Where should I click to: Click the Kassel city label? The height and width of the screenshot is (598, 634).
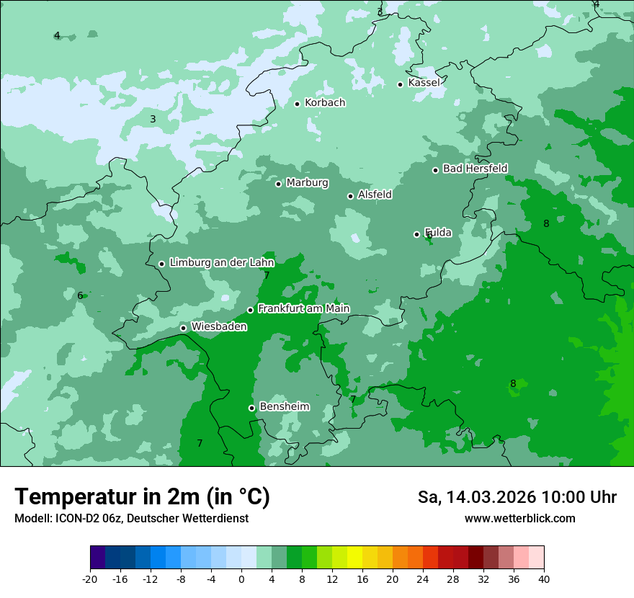424,83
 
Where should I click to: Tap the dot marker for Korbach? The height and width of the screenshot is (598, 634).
297,104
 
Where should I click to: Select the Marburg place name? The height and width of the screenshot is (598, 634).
307,183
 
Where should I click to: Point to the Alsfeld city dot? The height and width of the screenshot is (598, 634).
350,196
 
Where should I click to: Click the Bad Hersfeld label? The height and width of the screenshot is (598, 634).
475,169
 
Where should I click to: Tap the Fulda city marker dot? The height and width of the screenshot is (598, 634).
416,234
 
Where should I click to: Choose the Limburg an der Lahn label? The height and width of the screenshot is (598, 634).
221,263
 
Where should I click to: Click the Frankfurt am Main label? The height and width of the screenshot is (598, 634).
303,308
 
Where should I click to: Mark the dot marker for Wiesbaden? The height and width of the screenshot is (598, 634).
183,328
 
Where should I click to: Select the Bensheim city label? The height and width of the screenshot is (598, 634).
284,406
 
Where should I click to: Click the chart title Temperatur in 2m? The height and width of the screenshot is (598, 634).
142,497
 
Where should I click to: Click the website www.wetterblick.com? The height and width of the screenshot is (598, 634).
519,519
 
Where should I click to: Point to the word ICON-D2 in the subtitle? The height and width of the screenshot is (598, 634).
75,519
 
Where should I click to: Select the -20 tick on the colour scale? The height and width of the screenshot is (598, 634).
90,579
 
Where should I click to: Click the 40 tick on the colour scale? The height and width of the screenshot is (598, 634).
544,579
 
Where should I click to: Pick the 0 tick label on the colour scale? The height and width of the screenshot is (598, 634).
241,579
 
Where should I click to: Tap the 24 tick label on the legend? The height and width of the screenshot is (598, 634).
423,579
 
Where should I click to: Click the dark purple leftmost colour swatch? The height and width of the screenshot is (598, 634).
98,558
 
